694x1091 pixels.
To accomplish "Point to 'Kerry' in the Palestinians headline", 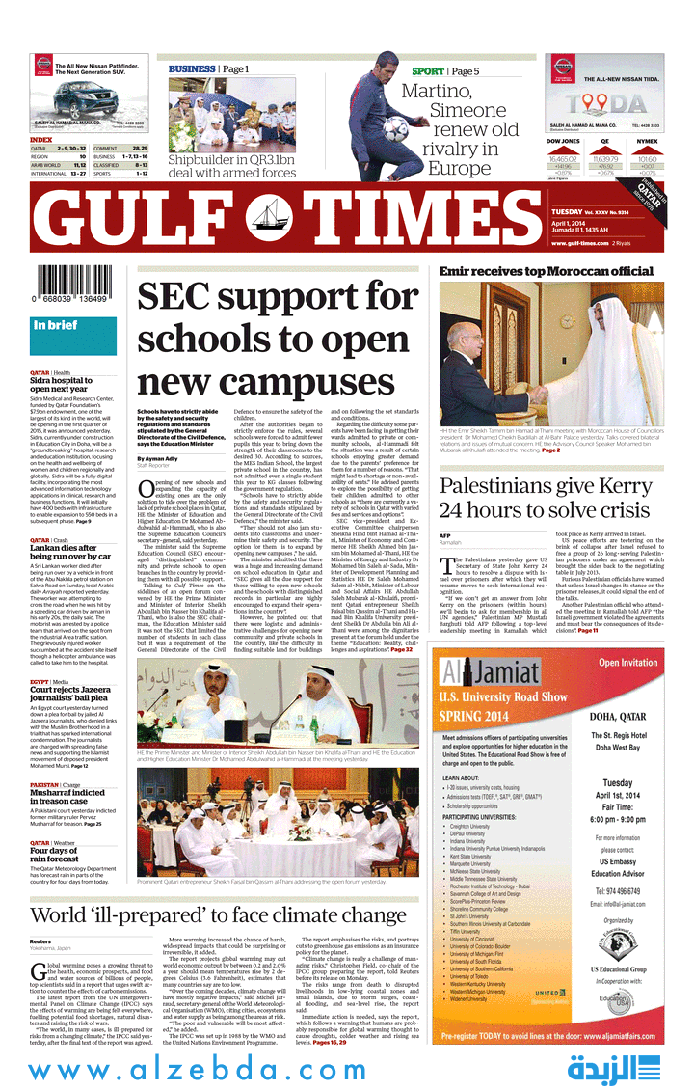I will [x=618, y=486].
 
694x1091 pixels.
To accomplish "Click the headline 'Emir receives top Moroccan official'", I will [x=547, y=272].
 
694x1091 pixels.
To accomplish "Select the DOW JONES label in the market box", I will [x=563, y=141].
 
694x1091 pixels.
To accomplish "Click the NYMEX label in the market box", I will [x=647, y=141].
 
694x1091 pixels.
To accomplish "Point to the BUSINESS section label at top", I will [x=192, y=69].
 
